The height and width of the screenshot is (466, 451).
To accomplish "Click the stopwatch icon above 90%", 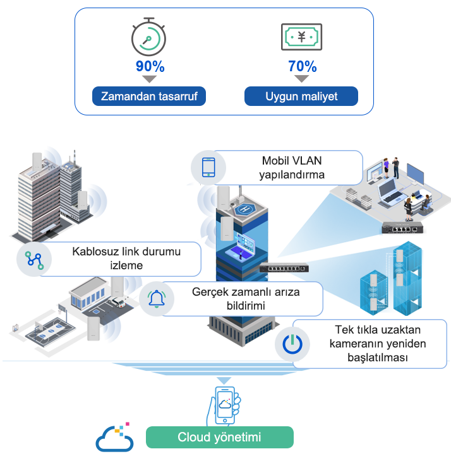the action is pyautogui.click(x=148, y=37).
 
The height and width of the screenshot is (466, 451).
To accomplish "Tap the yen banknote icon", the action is pyautogui.click(x=301, y=37).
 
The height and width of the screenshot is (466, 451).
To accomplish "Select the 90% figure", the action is pyautogui.click(x=150, y=66).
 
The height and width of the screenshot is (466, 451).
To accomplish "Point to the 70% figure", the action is pyautogui.click(x=302, y=66).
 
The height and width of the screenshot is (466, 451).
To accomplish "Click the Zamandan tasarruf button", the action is pyautogui.click(x=149, y=96).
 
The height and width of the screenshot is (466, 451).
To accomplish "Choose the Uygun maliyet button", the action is pyautogui.click(x=301, y=96).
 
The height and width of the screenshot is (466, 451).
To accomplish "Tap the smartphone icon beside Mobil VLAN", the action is pyautogui.click(x=208, y=168).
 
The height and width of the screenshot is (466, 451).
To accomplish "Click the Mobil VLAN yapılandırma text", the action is pyautogui.click(x=292, y=168).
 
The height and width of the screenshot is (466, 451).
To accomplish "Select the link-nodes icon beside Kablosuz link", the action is pyautogui.click(x=34, y=260).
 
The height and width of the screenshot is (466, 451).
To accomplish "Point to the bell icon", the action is pyautogui.click(x=157, y=299).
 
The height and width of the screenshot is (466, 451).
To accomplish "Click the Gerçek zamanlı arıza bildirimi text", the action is pyautogui.click(x=246, y=299).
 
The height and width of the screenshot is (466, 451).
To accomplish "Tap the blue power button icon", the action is pyautogui.click(x=292, y=344).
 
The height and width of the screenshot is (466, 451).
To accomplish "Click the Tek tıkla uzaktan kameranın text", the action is pyautogui.click(x=378, y=337).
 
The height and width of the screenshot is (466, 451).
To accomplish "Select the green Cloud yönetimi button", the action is pyautogui.click(x=220, y=437).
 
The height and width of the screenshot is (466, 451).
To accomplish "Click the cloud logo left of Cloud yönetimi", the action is pyautogui.click(x=114, y=438).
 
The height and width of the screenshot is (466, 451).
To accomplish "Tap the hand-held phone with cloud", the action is pyautogui.click(x=224, y=405).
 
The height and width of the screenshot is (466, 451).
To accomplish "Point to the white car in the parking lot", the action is pyautogui.click(x=118, y=302).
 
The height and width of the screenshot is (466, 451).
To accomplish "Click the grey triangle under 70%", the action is pyautogui.click(x=301, y=78).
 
